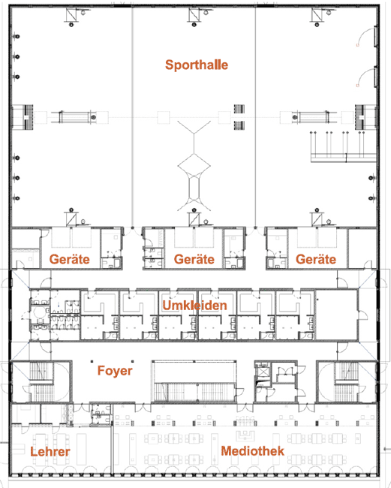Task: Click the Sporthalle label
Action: point(197,65)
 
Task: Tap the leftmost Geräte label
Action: point(69,259)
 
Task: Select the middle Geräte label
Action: point(194,259)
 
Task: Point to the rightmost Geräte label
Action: point(316,259)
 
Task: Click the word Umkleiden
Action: point(194,306)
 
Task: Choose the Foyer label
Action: point(115,371)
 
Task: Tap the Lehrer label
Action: point(50,451)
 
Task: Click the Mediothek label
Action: point(253,451)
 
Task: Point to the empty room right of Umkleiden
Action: point(336,315)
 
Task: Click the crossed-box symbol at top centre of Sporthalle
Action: point(194,14)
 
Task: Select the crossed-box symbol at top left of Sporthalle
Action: point(71,14)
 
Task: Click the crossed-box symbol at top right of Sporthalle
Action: point(317,14)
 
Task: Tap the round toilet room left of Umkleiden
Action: point(40,314)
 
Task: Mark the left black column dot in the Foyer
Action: point(92,361)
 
